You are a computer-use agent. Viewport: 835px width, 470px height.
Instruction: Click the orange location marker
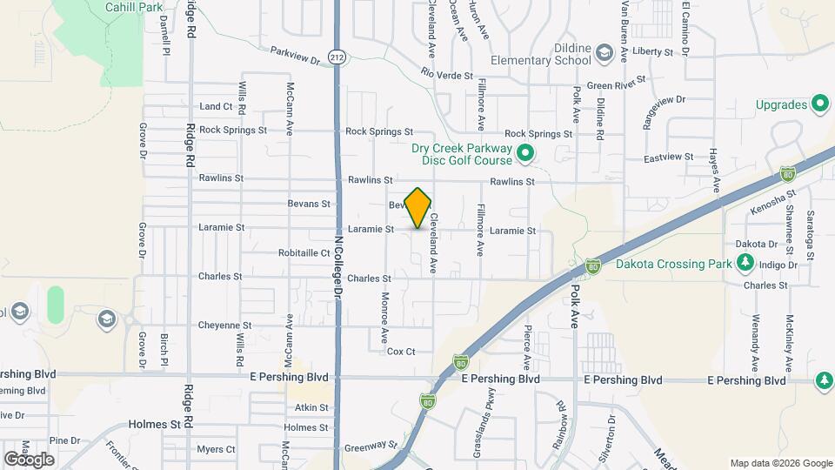point(418,208)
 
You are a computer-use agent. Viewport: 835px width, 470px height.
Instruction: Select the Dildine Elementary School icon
point(602,56)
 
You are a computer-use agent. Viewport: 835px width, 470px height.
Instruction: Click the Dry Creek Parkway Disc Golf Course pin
point(525,155)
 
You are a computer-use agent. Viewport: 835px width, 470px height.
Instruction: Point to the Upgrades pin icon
point(819,105)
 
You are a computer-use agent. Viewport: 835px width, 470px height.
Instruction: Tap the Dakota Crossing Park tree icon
point(745,263)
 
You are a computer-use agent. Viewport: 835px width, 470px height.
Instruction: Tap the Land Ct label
point(217,106)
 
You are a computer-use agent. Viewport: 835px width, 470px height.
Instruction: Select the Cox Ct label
point(401,352)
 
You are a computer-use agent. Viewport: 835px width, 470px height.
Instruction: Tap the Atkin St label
point(311,407)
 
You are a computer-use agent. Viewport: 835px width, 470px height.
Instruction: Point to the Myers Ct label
point(216,449)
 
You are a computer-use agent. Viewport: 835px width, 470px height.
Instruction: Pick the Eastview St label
point(668,158)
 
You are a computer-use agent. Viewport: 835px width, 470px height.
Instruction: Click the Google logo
point(29,459)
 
